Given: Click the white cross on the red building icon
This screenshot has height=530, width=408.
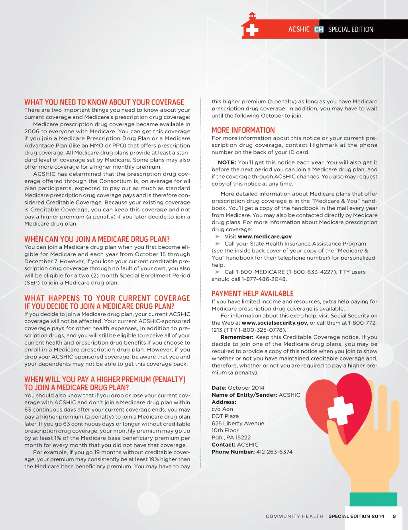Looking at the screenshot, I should [252, 30].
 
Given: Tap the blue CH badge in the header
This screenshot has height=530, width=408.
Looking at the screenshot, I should [319, 30].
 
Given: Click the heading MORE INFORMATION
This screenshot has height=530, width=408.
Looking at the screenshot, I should [243, 130].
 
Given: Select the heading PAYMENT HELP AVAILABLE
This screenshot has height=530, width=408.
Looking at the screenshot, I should [252, 294].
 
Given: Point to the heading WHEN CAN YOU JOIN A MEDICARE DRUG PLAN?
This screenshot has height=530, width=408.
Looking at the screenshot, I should [97, 239].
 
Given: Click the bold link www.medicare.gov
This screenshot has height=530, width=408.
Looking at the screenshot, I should [265, 236].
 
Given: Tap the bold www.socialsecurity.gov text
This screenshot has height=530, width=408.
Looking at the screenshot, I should [275, 323].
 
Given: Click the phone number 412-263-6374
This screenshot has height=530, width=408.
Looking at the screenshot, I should [274, 452].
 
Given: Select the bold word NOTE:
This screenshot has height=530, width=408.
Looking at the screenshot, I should [227, 163].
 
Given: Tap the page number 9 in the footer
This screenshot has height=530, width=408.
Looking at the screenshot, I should [394, 516].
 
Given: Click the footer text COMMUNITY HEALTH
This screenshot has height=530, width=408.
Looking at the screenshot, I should [294, 516].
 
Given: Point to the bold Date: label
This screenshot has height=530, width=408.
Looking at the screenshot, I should [219, 388].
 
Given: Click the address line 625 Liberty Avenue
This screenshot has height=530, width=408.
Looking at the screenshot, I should [238, 424].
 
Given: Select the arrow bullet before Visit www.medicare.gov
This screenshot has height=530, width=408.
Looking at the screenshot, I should [218, 236].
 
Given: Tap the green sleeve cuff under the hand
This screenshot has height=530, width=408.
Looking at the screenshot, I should [373, 499].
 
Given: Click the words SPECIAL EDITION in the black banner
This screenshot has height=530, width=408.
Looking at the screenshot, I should [351, 30].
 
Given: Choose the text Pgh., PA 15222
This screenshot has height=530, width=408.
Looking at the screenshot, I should [231, 437].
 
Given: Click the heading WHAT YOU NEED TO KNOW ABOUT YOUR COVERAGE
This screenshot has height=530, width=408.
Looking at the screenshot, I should [104, 102].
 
